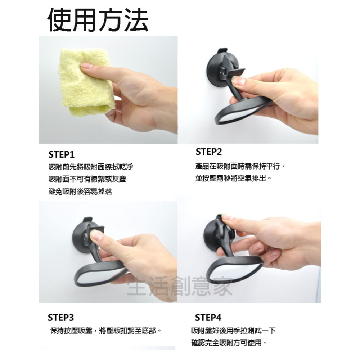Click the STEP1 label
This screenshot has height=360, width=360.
[x=61, y=155]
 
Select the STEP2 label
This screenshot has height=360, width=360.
[x=209, y=152]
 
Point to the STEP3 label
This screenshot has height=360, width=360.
[x=61, y=318]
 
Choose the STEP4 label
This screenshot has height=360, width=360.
[x=208, y=318]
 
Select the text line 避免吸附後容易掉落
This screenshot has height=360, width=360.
[x=80, y=192]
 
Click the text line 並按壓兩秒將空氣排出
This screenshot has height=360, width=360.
[x=233, y=178]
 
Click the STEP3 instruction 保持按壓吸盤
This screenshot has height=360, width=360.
[x=105, y=330]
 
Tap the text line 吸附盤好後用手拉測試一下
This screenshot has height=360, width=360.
[x=233, y=330]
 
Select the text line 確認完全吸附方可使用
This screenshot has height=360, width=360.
[x=229, y=343]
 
